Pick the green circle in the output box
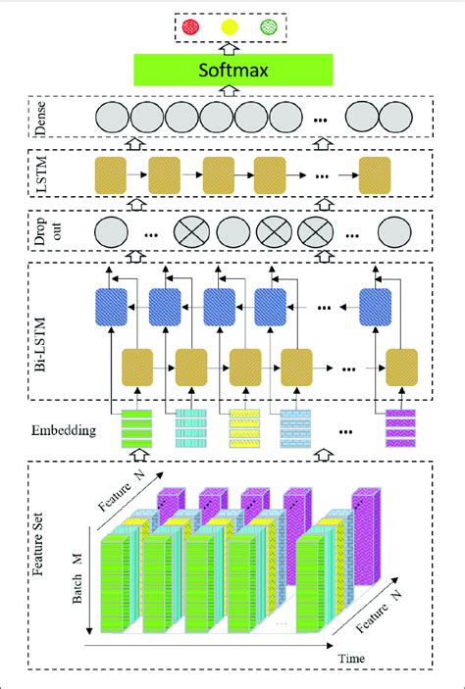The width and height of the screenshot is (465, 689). pyautogui.click(x=275, y=27)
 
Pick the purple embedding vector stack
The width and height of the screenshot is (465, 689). pyautogui.click(x=399, y=428)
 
